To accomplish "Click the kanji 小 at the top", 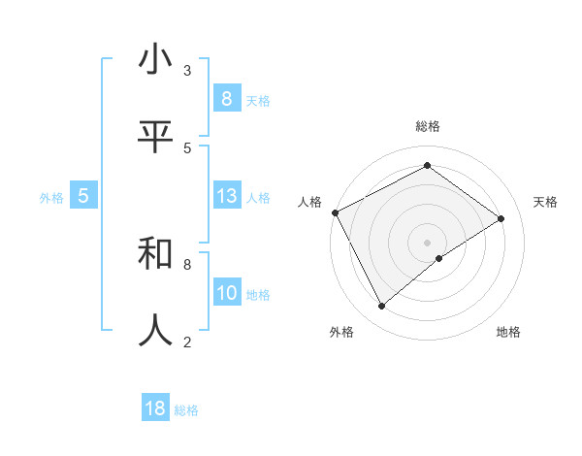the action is point(155,61).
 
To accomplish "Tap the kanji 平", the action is point(155,138).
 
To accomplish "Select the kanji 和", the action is point(155,254).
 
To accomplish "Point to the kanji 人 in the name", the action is point(155,331).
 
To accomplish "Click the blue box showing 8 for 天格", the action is point(226,99).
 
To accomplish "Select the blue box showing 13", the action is point(227,196).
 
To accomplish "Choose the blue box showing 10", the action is point(227,293).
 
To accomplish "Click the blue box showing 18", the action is point(155,408).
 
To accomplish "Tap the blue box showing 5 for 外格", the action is point(83,196).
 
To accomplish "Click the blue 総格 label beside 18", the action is point(186,410).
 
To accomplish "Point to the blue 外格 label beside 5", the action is point(51,198).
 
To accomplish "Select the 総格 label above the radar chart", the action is point(427,126).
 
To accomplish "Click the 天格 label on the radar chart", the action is point(546,202).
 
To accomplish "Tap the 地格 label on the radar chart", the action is point(508,332).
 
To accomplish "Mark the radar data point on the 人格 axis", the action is point(335,212).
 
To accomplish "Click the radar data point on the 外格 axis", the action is point(382,307).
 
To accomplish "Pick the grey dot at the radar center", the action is point(427,242).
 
